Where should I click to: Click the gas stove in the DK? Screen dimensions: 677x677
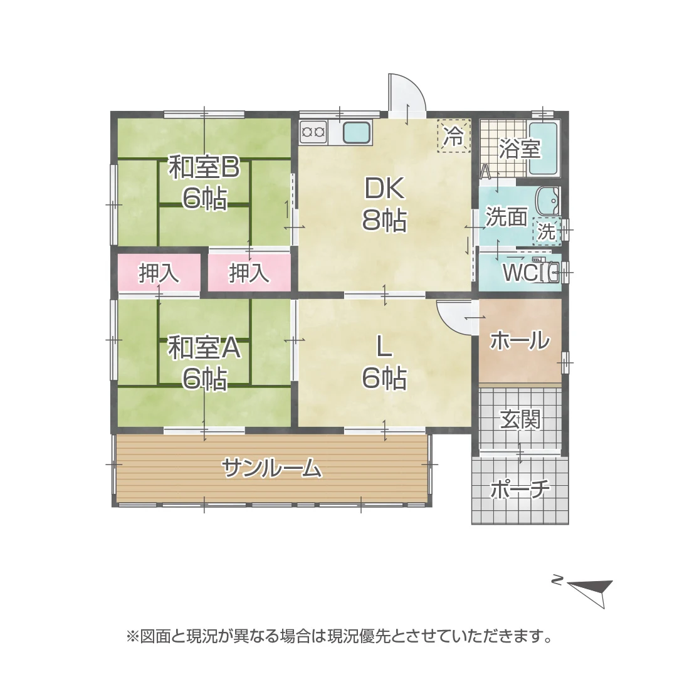313,132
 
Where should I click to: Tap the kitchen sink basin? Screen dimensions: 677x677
357,132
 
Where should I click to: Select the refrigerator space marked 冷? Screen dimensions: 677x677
453,135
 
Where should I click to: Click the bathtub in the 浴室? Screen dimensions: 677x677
543,149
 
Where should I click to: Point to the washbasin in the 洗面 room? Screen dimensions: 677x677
547,201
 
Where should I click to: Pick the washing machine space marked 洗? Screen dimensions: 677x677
547,232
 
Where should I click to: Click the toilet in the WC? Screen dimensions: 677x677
548,272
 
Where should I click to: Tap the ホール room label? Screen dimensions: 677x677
520,340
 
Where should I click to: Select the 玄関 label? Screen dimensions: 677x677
520,419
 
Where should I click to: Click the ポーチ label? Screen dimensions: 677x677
520,489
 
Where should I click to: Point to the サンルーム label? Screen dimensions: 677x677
272,468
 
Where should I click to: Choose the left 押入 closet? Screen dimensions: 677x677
159,273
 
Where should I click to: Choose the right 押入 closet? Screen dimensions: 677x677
249,273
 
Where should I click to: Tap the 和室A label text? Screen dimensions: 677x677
204,349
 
